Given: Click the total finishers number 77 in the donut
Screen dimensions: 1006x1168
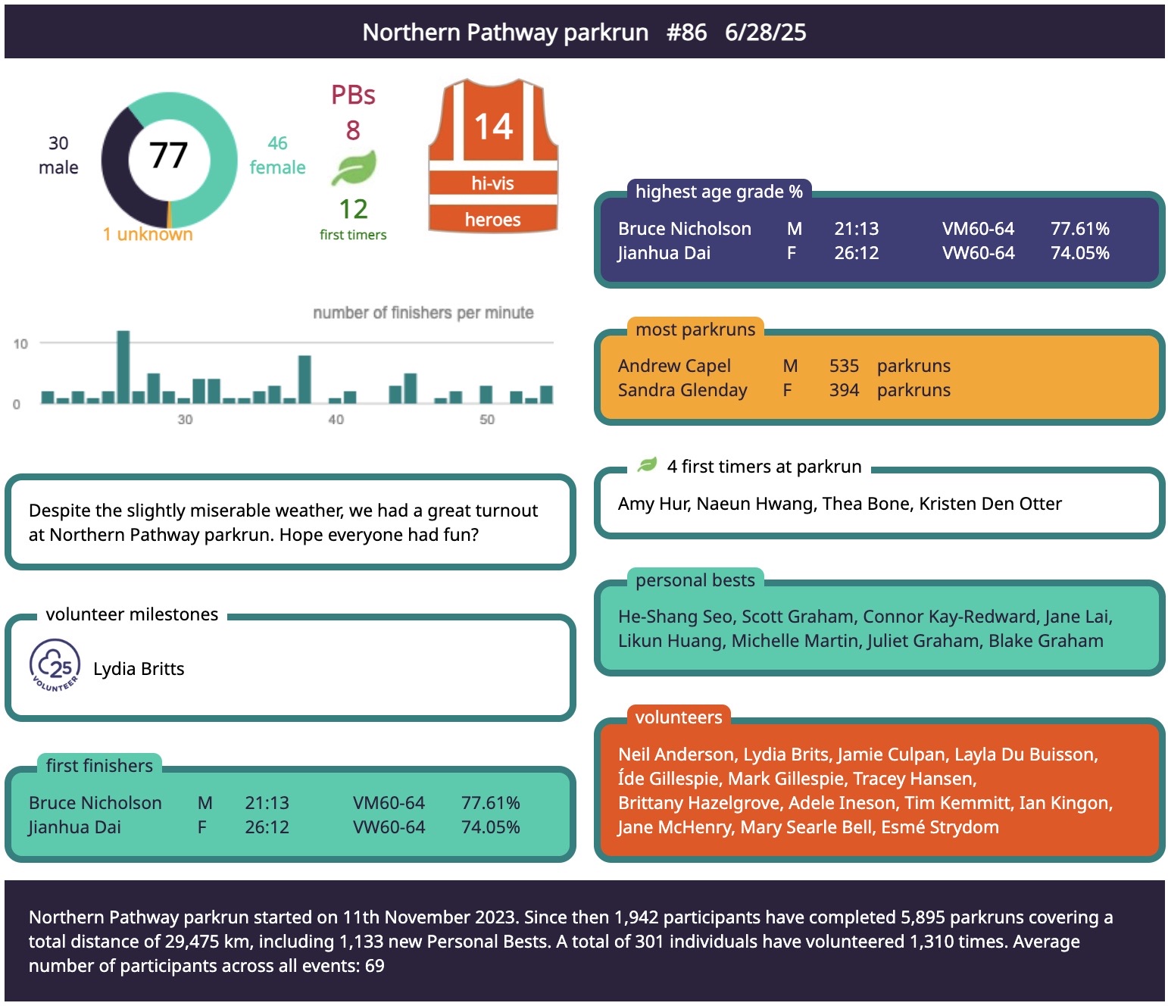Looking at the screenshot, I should click(168, 155).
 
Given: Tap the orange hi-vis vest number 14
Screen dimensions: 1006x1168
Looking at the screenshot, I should click(493, 127).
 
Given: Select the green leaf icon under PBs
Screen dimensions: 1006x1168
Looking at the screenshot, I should click(354, 168).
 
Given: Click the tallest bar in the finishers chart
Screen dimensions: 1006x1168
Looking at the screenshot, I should click(123, 367).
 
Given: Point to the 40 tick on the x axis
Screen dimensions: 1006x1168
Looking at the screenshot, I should click(336, 420).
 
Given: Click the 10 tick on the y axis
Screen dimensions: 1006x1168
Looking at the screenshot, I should click(20, 344).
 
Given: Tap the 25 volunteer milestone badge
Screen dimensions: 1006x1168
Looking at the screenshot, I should click(55, 666).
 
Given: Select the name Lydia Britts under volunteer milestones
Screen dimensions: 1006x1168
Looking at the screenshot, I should click(139, 669).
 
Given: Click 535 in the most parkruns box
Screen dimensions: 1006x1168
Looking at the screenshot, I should click(844, 366).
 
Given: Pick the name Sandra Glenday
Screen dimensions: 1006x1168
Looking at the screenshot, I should click(682, 390).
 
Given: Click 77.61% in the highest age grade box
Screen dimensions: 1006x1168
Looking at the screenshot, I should click(1079, 229).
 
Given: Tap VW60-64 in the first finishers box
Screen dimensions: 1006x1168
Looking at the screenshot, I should click(389, 827).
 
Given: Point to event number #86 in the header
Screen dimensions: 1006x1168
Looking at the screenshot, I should click(686, 33).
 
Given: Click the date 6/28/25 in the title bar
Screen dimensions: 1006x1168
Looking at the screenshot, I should click(765, 33).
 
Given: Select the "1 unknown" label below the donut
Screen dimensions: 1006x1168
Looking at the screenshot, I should click(148, 234).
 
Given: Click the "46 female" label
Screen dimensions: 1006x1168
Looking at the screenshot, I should click(277, 155).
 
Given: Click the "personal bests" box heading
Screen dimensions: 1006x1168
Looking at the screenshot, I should click(695, 580).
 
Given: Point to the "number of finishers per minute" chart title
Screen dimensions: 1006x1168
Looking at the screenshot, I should click(423, 313).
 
